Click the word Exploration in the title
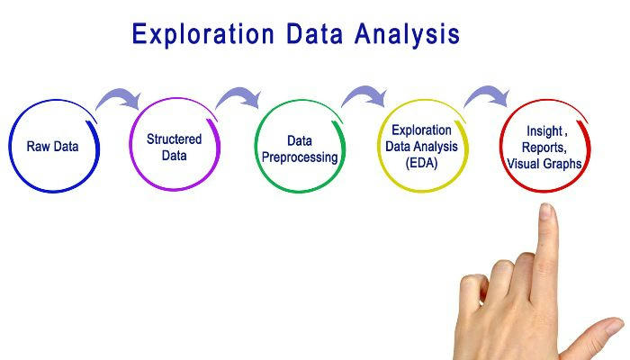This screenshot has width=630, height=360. (202, 35)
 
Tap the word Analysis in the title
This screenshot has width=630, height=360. (407, 35)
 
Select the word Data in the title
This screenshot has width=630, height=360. (315, 33)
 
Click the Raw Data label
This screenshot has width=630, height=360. (52, 146)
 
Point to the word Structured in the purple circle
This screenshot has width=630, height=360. (174, 139)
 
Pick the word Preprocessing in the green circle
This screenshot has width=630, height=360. (300, 157)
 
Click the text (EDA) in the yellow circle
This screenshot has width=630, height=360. (421, 163)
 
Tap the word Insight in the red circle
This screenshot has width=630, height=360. (544, 131)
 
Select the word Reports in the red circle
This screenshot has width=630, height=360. (544, 148)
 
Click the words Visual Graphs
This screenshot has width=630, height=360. (544, 164)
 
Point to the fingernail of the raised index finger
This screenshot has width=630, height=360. (545, 211)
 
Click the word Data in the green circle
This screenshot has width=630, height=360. (300, 141)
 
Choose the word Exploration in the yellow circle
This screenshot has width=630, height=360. (421, 130)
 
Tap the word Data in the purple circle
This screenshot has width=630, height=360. (174, 156)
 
